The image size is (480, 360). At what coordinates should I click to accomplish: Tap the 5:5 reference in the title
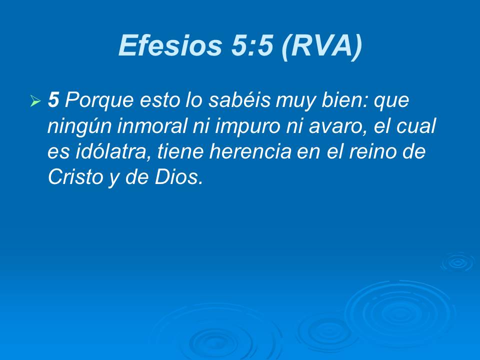click(249, 46)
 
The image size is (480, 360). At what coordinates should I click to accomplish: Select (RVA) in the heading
click(320, 46)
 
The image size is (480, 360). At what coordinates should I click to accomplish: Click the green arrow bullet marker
click(35, 102)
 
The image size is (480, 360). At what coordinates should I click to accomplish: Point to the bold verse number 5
click(53, 101)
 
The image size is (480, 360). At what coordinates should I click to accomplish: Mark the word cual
click(418, 127)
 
